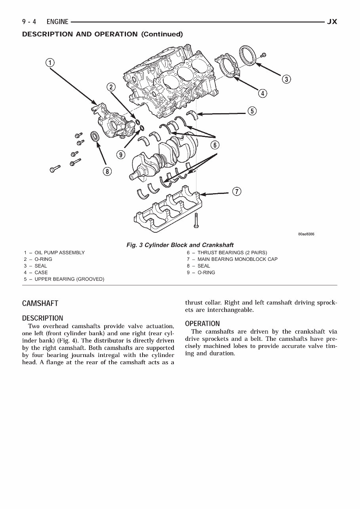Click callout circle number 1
pos(50,63)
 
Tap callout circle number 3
pos(286,79)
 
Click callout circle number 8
pos(107,171)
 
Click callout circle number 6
pos(215,145)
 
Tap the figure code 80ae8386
pos(306,234)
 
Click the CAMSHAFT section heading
pos(40,304)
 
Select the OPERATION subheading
pos(202,324)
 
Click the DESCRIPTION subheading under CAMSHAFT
pos(42,318)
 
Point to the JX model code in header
pos(331,22)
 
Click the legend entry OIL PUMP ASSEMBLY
pos(59,253)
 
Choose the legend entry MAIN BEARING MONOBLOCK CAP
pos(237,259)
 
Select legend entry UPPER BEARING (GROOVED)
pos(69,279)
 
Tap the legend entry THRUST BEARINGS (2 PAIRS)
pos(232,253)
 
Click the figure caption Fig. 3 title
pos(180,245)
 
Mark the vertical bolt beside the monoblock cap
pos(195,220)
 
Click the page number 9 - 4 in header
pos(29,22)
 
